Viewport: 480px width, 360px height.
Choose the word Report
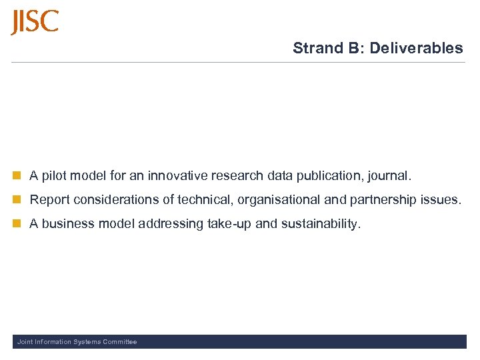click(x=49, y=200)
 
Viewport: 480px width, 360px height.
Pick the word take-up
click(x=229, y=224)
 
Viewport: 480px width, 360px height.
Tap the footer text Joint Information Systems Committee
click(x=77, y=342)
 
